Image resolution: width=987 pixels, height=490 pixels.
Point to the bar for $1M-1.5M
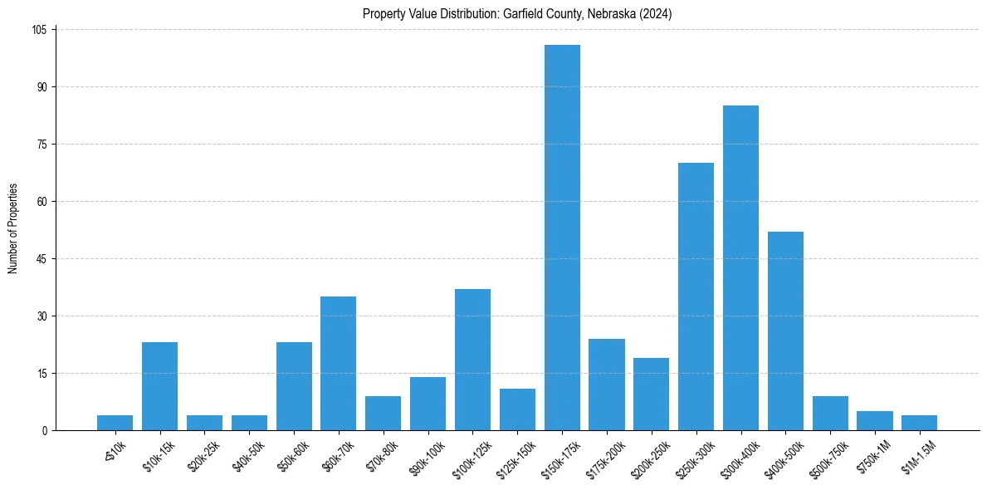pyautogui.click(x=919, y=423)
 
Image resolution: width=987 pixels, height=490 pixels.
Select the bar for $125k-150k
pyautogui.click(x=517, y=409)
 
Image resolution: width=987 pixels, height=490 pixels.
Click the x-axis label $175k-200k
pyautogui.click(x=603, y=456)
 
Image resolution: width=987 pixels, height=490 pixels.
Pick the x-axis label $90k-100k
pyautogui.click(x=425, y=455)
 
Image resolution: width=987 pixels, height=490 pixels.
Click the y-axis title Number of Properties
pyautogui.click(x=12, y=228)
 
